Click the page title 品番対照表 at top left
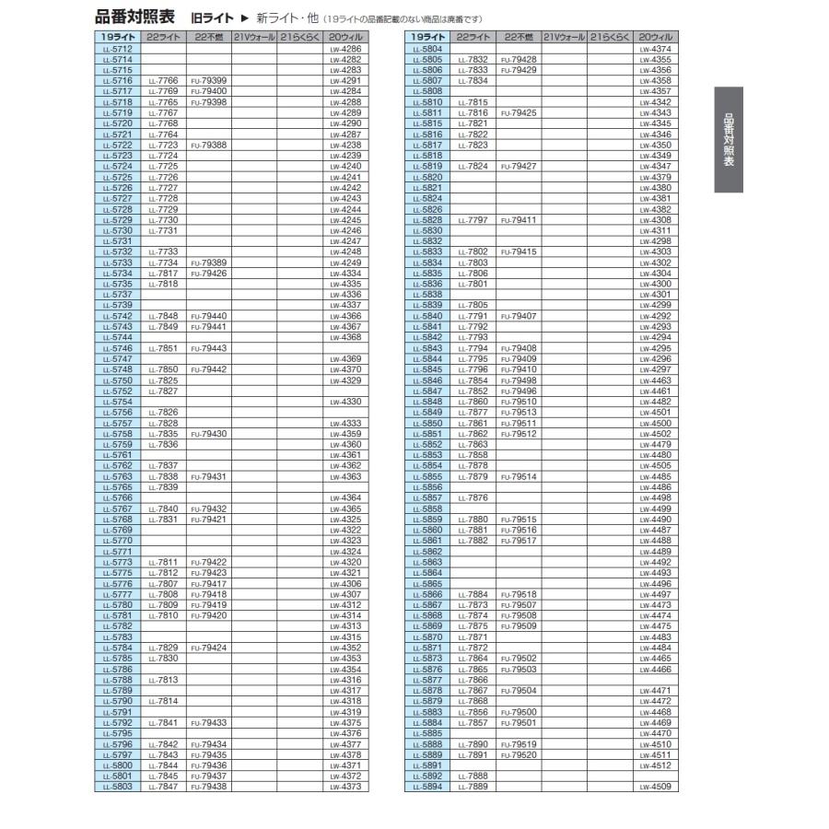click(134, 18)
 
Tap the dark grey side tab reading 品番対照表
click(728, 139)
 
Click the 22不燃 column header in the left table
click(208, 37)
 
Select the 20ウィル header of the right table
click(656, 37)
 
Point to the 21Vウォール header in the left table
click(253, 37)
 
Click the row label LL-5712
click(117, 47)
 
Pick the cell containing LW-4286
click(344, 47)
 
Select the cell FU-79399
click(208, 81)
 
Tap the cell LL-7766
click(162, 81)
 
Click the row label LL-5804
click(427, 47)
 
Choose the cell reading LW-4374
click(656, 47)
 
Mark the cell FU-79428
click(520, 59)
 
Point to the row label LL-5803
click(117, 788)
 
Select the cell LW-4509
click(656, 788)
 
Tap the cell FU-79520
click(520, 755)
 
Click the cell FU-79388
click(208, 145)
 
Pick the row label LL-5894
click(427, 788)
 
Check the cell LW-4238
click(344, 145)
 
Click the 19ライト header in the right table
click(427, 37)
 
